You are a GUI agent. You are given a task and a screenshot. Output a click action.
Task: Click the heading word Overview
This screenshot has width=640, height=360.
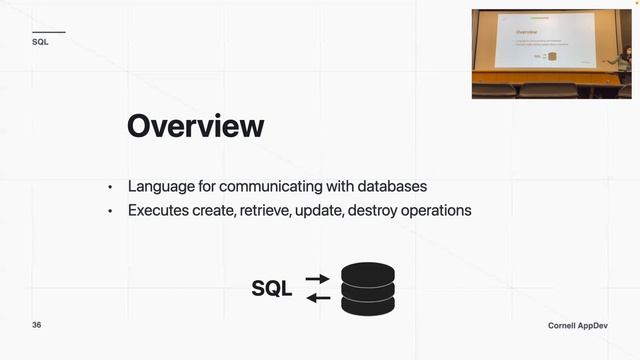(x=195, y=126)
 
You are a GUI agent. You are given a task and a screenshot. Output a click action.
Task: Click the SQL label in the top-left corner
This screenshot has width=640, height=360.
(x=40, y=43)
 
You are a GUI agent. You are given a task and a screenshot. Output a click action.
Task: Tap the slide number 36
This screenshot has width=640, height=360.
(x=37, y=326)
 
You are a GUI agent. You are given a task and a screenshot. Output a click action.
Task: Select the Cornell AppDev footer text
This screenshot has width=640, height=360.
(x=578, y=327)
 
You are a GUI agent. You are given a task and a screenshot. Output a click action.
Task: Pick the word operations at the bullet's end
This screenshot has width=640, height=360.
(x=436, y=211)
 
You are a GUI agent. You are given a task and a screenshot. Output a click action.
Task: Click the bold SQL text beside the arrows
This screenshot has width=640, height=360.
(x=272, y=289)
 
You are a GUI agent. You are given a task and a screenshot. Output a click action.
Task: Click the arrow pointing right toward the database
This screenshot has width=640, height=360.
(x=317, y=279)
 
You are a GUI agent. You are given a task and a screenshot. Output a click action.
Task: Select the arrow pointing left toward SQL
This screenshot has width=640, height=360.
(x=317, y=297)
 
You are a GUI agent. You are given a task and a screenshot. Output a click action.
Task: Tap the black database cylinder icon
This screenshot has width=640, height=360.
(x=368, y=288)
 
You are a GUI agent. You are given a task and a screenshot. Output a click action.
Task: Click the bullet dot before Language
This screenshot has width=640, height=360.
(x=111, y=188)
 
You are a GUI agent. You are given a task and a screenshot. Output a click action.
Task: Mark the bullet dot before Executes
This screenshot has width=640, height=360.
(x=111, y=212)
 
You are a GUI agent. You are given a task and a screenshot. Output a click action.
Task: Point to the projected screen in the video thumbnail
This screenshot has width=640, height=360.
(x=546, y=48)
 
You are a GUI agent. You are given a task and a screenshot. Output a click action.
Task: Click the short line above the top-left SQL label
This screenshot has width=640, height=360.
(x=48, y=32)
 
